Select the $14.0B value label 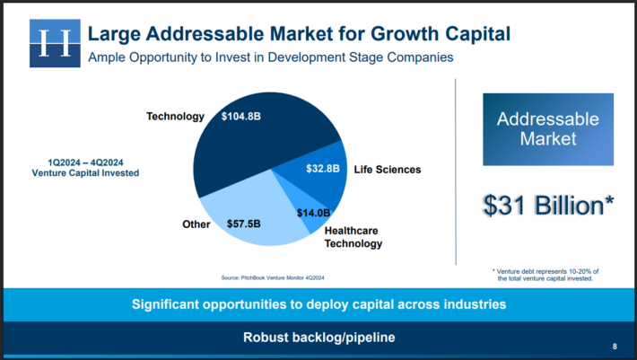click(313, 213)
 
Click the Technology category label click(175, 117)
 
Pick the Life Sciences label click(387, 169)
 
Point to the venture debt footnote click(545, 275)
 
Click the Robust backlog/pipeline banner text click(318, 338)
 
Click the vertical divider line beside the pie click(456, 180)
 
